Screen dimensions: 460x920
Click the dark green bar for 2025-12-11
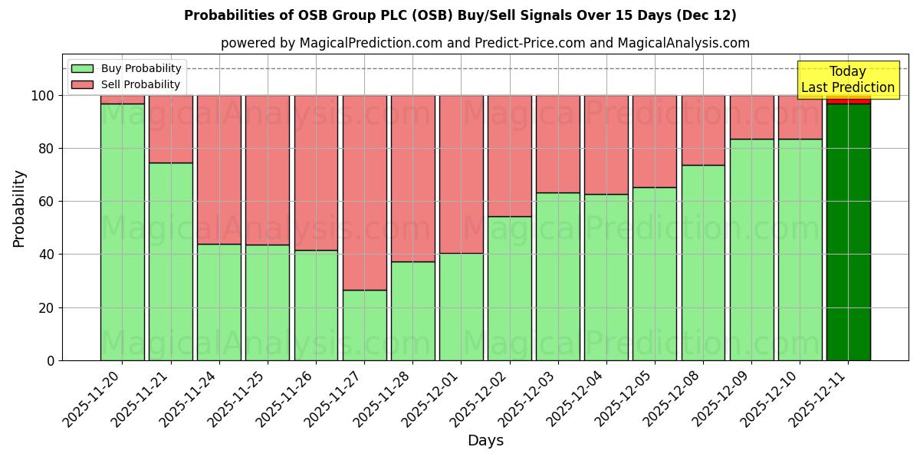[848, 230]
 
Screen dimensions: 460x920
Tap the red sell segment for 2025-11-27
[364, 192]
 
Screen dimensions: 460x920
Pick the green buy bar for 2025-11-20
[122, 230]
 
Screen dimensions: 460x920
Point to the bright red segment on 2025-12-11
[848, 100]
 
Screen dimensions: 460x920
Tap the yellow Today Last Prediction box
[847, 80]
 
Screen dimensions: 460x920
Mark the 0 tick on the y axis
[51, 360]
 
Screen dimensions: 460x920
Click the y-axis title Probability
[19, 208]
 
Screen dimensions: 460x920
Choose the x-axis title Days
[485, 441]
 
